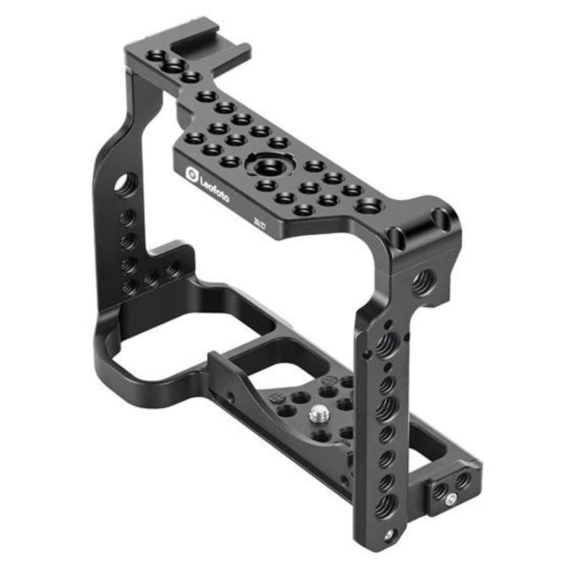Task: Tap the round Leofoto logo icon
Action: (192, 174)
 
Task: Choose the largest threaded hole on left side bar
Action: (126, 185)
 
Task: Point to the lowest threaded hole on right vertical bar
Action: (386, 506)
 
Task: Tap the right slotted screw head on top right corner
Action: (441, 219)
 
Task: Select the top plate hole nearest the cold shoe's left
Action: (157, 55)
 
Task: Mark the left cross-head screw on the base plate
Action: (276, 398)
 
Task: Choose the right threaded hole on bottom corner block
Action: (462, 481)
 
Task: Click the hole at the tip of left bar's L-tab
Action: (174, 269)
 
